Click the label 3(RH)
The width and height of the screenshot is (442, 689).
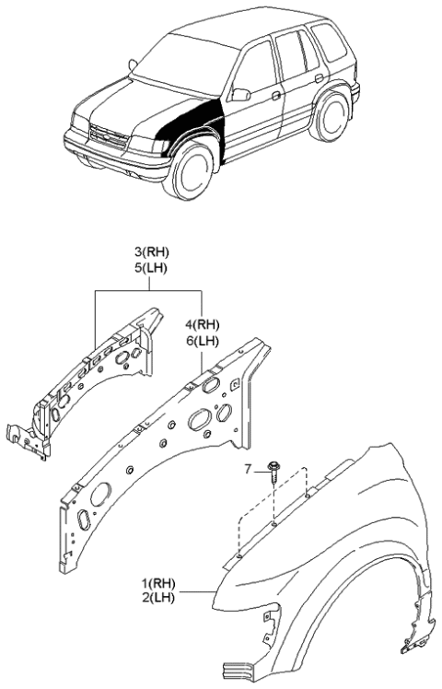(x=153, y=251)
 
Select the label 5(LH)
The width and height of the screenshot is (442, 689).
(x=153, y=267)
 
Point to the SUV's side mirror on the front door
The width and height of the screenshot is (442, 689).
(x=241, y=94)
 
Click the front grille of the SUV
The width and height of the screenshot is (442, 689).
(x=107, y=137)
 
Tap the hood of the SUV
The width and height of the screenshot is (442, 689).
(x=129, y=101)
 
